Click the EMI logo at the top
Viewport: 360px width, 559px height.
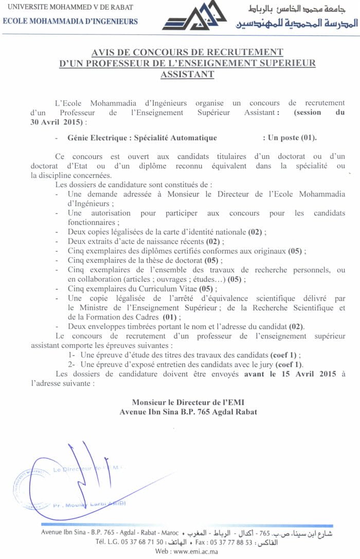[194, 16]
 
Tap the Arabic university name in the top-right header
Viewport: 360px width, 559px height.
[303, 9]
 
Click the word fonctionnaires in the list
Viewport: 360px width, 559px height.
[92, 222]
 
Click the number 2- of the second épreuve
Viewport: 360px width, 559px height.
[72, 364]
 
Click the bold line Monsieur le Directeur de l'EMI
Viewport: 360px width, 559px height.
[187, 403]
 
